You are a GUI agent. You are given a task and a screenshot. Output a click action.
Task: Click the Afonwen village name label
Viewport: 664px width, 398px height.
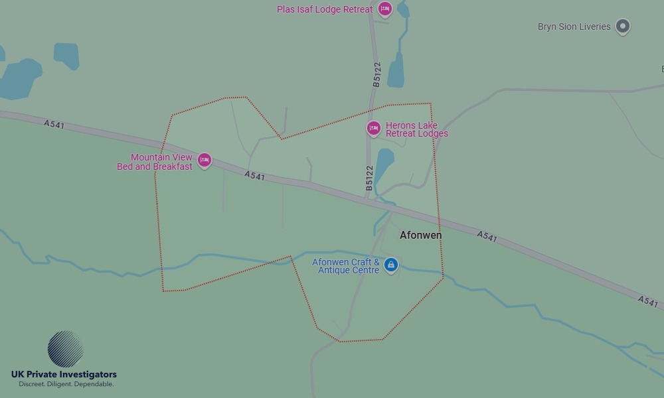pos(420,235)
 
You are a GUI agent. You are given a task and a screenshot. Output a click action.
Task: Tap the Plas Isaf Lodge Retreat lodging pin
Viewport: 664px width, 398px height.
pos(384,9)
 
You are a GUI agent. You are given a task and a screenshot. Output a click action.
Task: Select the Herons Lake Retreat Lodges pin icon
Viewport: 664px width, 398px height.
pos(373,128)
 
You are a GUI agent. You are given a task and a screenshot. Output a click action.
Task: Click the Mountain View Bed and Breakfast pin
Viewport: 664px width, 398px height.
pos(205,160)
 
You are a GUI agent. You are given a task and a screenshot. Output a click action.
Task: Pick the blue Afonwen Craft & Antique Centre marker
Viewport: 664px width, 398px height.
pos(391,265)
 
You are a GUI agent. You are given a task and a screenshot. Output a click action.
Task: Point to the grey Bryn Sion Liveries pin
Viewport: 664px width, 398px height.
pos(622,27)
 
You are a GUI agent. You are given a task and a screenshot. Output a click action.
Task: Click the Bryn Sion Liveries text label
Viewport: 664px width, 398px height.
pos(574,27)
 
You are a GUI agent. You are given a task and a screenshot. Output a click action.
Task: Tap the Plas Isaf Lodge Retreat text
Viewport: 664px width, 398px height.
pos(325,10)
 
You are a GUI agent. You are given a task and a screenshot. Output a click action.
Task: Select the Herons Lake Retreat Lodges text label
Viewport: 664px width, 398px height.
pos(416,129)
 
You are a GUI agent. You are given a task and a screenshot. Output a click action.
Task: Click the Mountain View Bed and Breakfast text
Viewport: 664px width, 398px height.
pos(155,162)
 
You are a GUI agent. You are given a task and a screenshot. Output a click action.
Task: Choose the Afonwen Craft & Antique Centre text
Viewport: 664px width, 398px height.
pos(346,266)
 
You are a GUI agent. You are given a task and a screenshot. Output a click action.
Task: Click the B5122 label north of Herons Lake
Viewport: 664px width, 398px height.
pos(376,75)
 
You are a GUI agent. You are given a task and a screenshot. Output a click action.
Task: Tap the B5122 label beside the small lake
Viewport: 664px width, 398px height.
pos(369,178)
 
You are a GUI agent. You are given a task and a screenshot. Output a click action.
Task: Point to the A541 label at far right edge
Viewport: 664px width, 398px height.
pos(647,302)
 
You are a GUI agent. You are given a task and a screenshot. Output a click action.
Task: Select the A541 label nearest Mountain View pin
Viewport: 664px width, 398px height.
pos(254,176)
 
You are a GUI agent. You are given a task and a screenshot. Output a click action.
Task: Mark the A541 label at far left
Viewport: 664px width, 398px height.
pos(54,124)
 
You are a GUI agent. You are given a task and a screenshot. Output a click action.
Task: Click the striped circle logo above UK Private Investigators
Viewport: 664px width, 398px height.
pos(65,349)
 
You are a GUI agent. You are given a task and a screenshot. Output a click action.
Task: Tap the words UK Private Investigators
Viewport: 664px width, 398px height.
pos(64,375)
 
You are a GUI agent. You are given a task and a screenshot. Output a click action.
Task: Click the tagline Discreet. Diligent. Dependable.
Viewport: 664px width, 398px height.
pos(66,385)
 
